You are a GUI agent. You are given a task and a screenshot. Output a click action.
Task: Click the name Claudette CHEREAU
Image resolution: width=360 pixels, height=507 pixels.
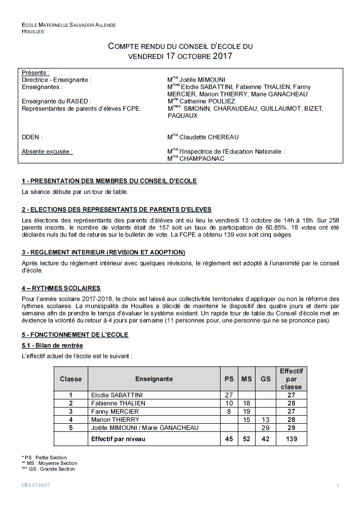209,137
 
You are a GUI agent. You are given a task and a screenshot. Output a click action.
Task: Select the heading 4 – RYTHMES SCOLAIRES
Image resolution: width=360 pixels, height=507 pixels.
61,288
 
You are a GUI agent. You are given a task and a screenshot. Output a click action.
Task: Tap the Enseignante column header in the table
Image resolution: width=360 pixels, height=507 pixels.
154,379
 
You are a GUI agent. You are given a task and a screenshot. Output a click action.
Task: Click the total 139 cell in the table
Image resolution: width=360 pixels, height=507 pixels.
291,439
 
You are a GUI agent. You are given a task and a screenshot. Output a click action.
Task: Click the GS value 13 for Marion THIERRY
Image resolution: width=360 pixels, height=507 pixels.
265,420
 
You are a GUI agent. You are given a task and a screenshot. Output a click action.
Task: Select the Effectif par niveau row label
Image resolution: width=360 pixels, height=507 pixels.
118,439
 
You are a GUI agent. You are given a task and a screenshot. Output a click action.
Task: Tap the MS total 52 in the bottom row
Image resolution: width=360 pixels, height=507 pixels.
246,439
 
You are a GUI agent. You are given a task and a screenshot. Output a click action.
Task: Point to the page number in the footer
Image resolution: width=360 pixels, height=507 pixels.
338,486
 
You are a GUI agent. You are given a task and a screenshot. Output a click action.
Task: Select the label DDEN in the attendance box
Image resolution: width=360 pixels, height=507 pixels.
31,137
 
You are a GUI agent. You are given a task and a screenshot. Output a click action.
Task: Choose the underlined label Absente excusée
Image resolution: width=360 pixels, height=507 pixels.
47,151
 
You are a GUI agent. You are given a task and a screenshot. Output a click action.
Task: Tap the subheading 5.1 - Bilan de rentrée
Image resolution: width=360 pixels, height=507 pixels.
52,346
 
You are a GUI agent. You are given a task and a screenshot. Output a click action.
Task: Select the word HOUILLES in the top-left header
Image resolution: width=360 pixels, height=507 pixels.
32,31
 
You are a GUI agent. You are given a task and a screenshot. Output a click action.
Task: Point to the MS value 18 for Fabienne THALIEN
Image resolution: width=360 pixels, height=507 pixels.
246,403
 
